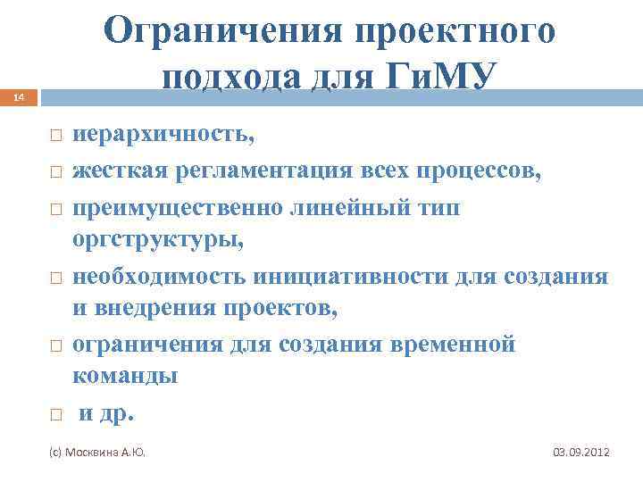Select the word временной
453,344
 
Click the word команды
125,376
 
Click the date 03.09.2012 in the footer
581,453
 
